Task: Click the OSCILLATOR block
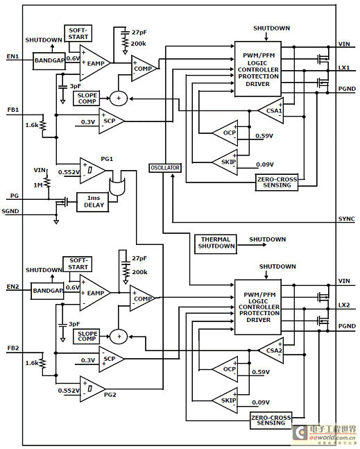(165, 168)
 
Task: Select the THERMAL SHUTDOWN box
(216, 244)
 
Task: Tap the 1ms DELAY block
(92, 202)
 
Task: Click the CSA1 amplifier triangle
(271, 110)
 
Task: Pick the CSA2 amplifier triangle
(271, 350)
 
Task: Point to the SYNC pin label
(346, 219)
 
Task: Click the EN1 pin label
(12, 56)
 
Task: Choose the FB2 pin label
(13, 348)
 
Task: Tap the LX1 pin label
(344, 68)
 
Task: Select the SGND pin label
(10, 212)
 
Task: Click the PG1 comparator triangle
(92, 171)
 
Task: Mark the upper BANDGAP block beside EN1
(49, 60)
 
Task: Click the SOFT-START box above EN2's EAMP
(78, 264)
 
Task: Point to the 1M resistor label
(37, 185)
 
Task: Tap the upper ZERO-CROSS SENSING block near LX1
(277, 183)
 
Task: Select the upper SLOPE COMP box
(87, 99)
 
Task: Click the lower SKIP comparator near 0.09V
(225, 400)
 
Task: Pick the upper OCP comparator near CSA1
(225, 133)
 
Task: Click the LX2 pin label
(344, 305)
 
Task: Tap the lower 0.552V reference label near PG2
(69, 391)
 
